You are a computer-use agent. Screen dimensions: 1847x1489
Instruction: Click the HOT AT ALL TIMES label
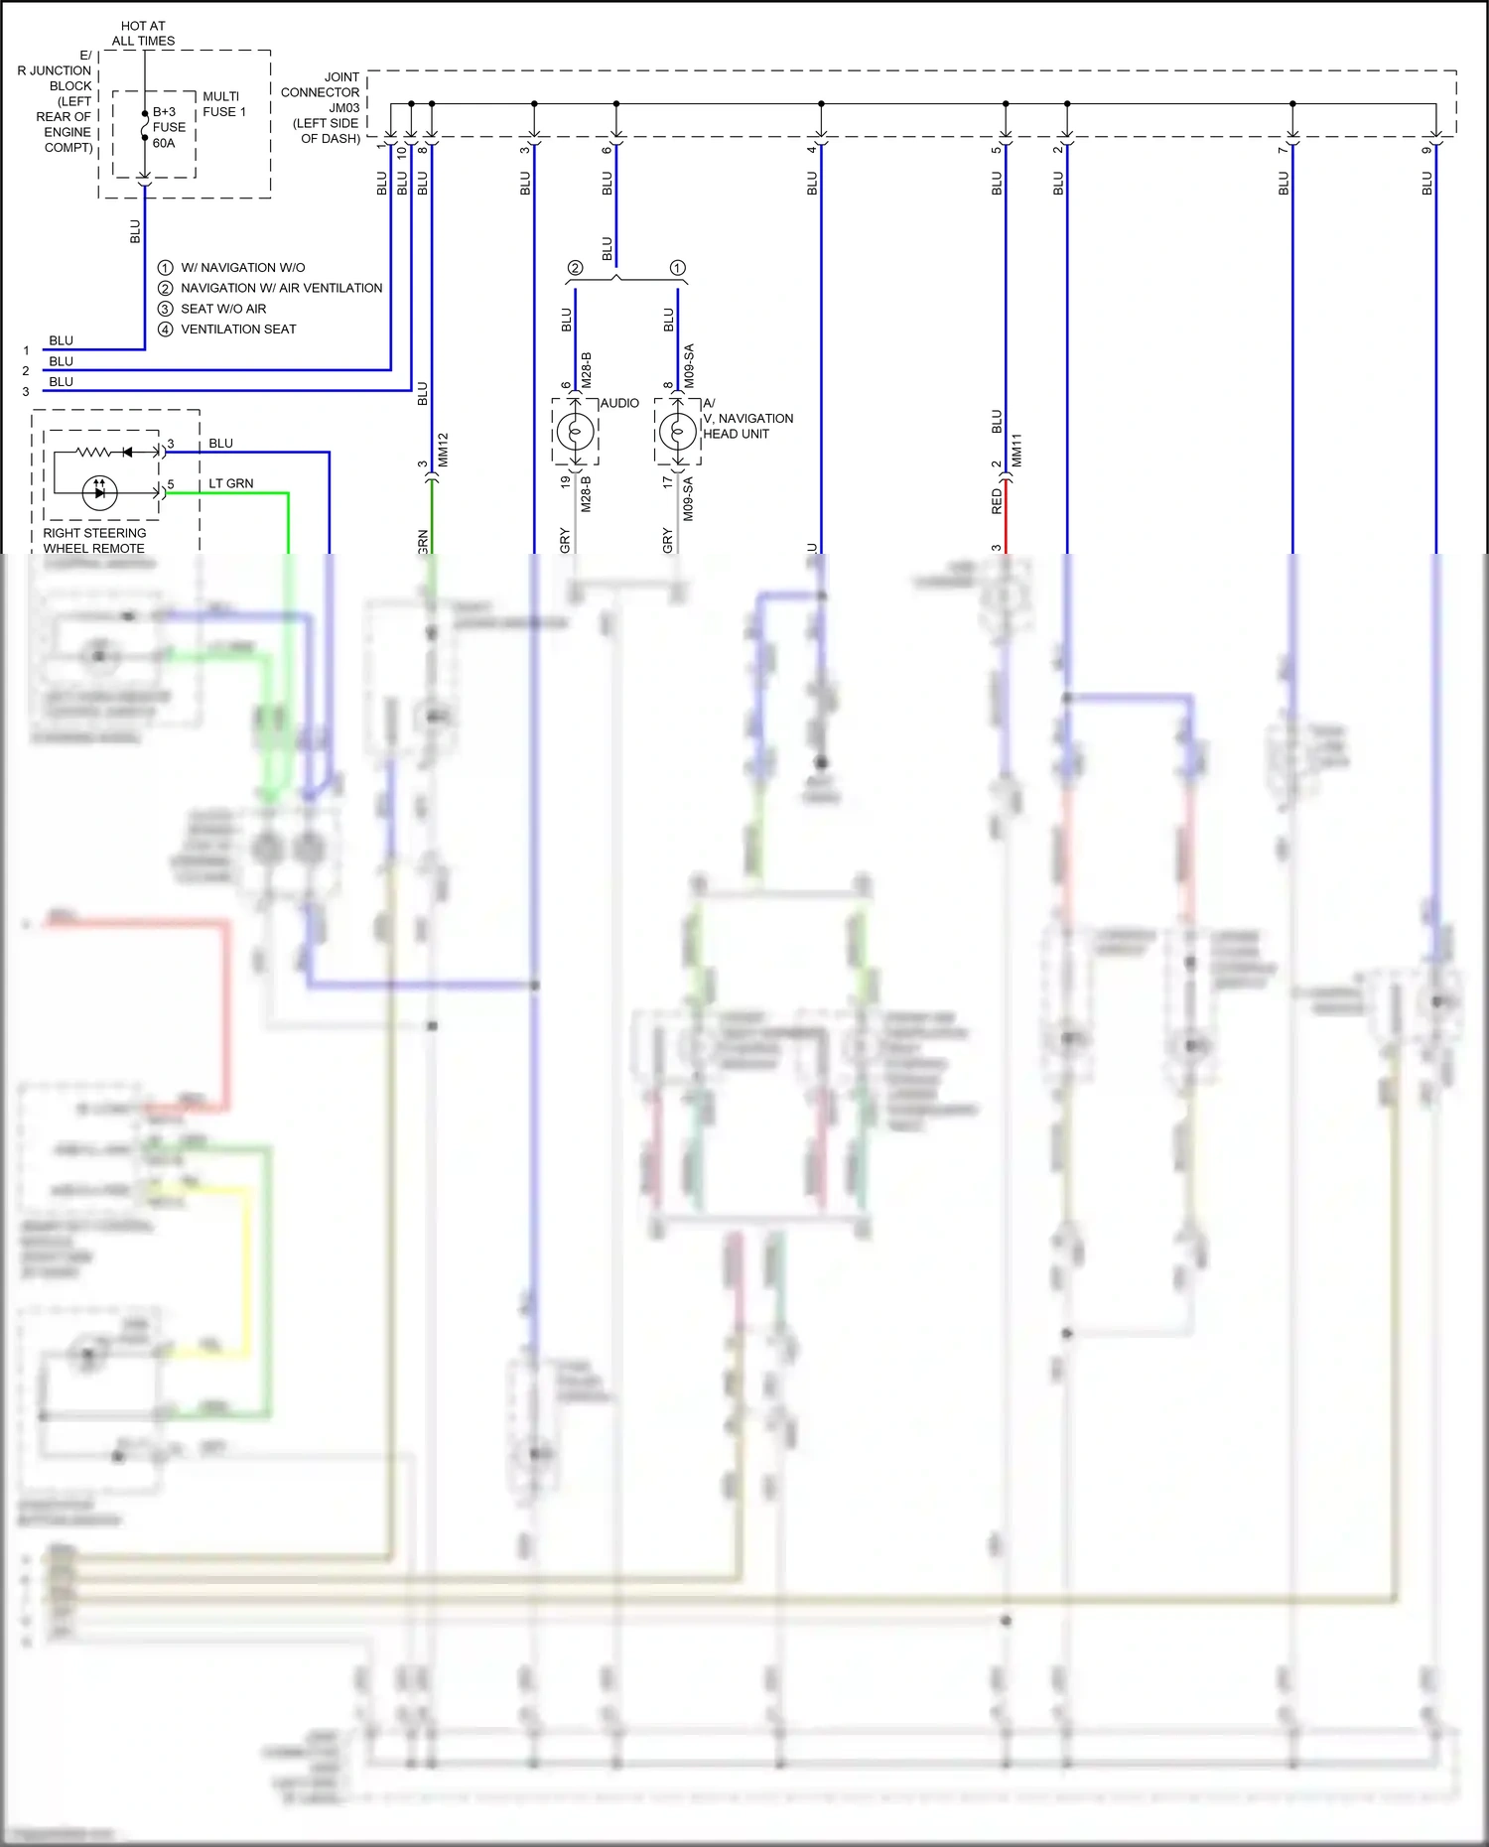143,34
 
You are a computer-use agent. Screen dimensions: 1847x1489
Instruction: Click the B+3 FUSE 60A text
169,127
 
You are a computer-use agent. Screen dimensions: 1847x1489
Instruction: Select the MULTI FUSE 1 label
223,104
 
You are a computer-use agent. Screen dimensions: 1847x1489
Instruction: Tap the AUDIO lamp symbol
576,432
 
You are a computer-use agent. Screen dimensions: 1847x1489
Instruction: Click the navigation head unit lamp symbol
678,432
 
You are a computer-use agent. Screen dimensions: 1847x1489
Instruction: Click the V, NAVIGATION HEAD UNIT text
747,426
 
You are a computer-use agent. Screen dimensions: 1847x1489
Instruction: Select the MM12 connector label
444,450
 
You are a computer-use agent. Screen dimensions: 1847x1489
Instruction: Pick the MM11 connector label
1016,450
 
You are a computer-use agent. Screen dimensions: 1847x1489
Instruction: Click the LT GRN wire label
230,483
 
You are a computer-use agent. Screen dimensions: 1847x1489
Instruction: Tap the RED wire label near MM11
997,501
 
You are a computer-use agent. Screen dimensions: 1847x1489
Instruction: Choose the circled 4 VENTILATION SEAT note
227,330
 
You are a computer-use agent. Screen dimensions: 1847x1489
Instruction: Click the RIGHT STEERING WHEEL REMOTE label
94,541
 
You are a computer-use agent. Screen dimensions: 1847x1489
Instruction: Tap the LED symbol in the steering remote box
99,492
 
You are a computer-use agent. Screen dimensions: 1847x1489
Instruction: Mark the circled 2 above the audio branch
575,268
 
